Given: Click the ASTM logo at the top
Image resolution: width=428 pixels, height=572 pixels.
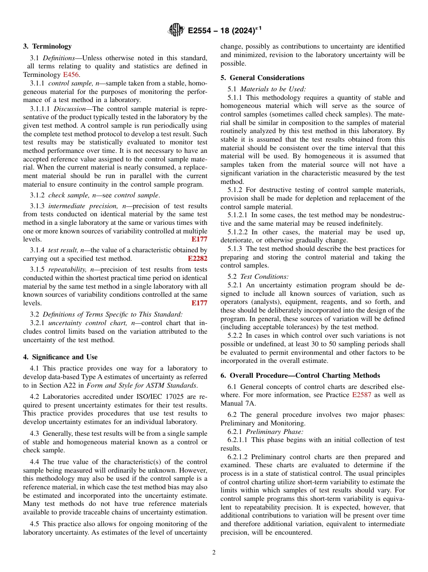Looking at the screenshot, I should (x=176, y=30).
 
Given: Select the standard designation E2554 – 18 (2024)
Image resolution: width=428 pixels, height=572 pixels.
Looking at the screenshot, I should (x=224, y=31).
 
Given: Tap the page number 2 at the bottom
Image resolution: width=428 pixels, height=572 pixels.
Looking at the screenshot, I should (x=214, y=553).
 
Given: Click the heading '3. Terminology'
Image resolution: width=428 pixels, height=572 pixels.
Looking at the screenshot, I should (x=47, y=46).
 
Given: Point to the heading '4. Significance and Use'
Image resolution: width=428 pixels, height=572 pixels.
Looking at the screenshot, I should (x=60, y=357).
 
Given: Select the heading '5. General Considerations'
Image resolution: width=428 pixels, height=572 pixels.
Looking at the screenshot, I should (x=262, y=78).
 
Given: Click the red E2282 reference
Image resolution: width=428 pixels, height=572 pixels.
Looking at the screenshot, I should (x=197, y=259).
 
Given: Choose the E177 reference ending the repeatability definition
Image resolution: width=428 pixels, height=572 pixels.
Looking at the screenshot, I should (x=199, y=303).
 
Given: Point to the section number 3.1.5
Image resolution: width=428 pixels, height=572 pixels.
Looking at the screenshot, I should (x=37, y=269).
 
